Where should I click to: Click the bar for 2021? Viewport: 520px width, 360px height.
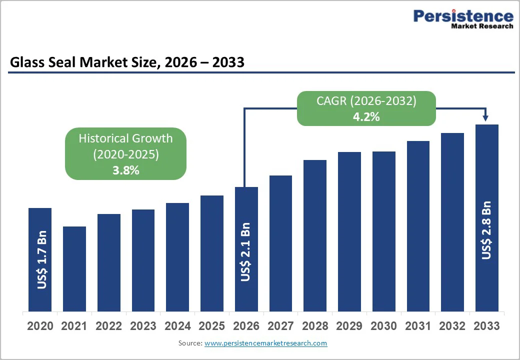[74, 268]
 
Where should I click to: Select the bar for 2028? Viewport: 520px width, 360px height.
[315, 235]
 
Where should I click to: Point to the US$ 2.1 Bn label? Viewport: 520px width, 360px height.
[245, 251]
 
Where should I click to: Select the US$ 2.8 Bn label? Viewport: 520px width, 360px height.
[486, 230]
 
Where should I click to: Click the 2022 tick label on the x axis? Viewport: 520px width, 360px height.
[109, 326]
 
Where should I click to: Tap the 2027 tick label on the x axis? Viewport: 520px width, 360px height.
[280, 326]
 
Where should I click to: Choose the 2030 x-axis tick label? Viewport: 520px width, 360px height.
[383, 326]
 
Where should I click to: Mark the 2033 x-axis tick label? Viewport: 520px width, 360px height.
[486, 326]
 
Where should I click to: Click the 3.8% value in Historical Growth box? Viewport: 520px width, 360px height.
[125, 170]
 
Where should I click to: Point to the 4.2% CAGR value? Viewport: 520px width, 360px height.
[366, 117]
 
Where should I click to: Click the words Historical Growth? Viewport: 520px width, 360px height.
[125, 138]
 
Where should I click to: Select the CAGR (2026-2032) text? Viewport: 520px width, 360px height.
[366, 101]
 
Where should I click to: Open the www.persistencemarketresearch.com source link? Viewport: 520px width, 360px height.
[265, 343]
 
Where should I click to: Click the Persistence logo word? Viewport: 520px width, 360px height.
[463, 16]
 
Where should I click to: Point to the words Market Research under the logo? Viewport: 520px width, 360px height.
[482, 26]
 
